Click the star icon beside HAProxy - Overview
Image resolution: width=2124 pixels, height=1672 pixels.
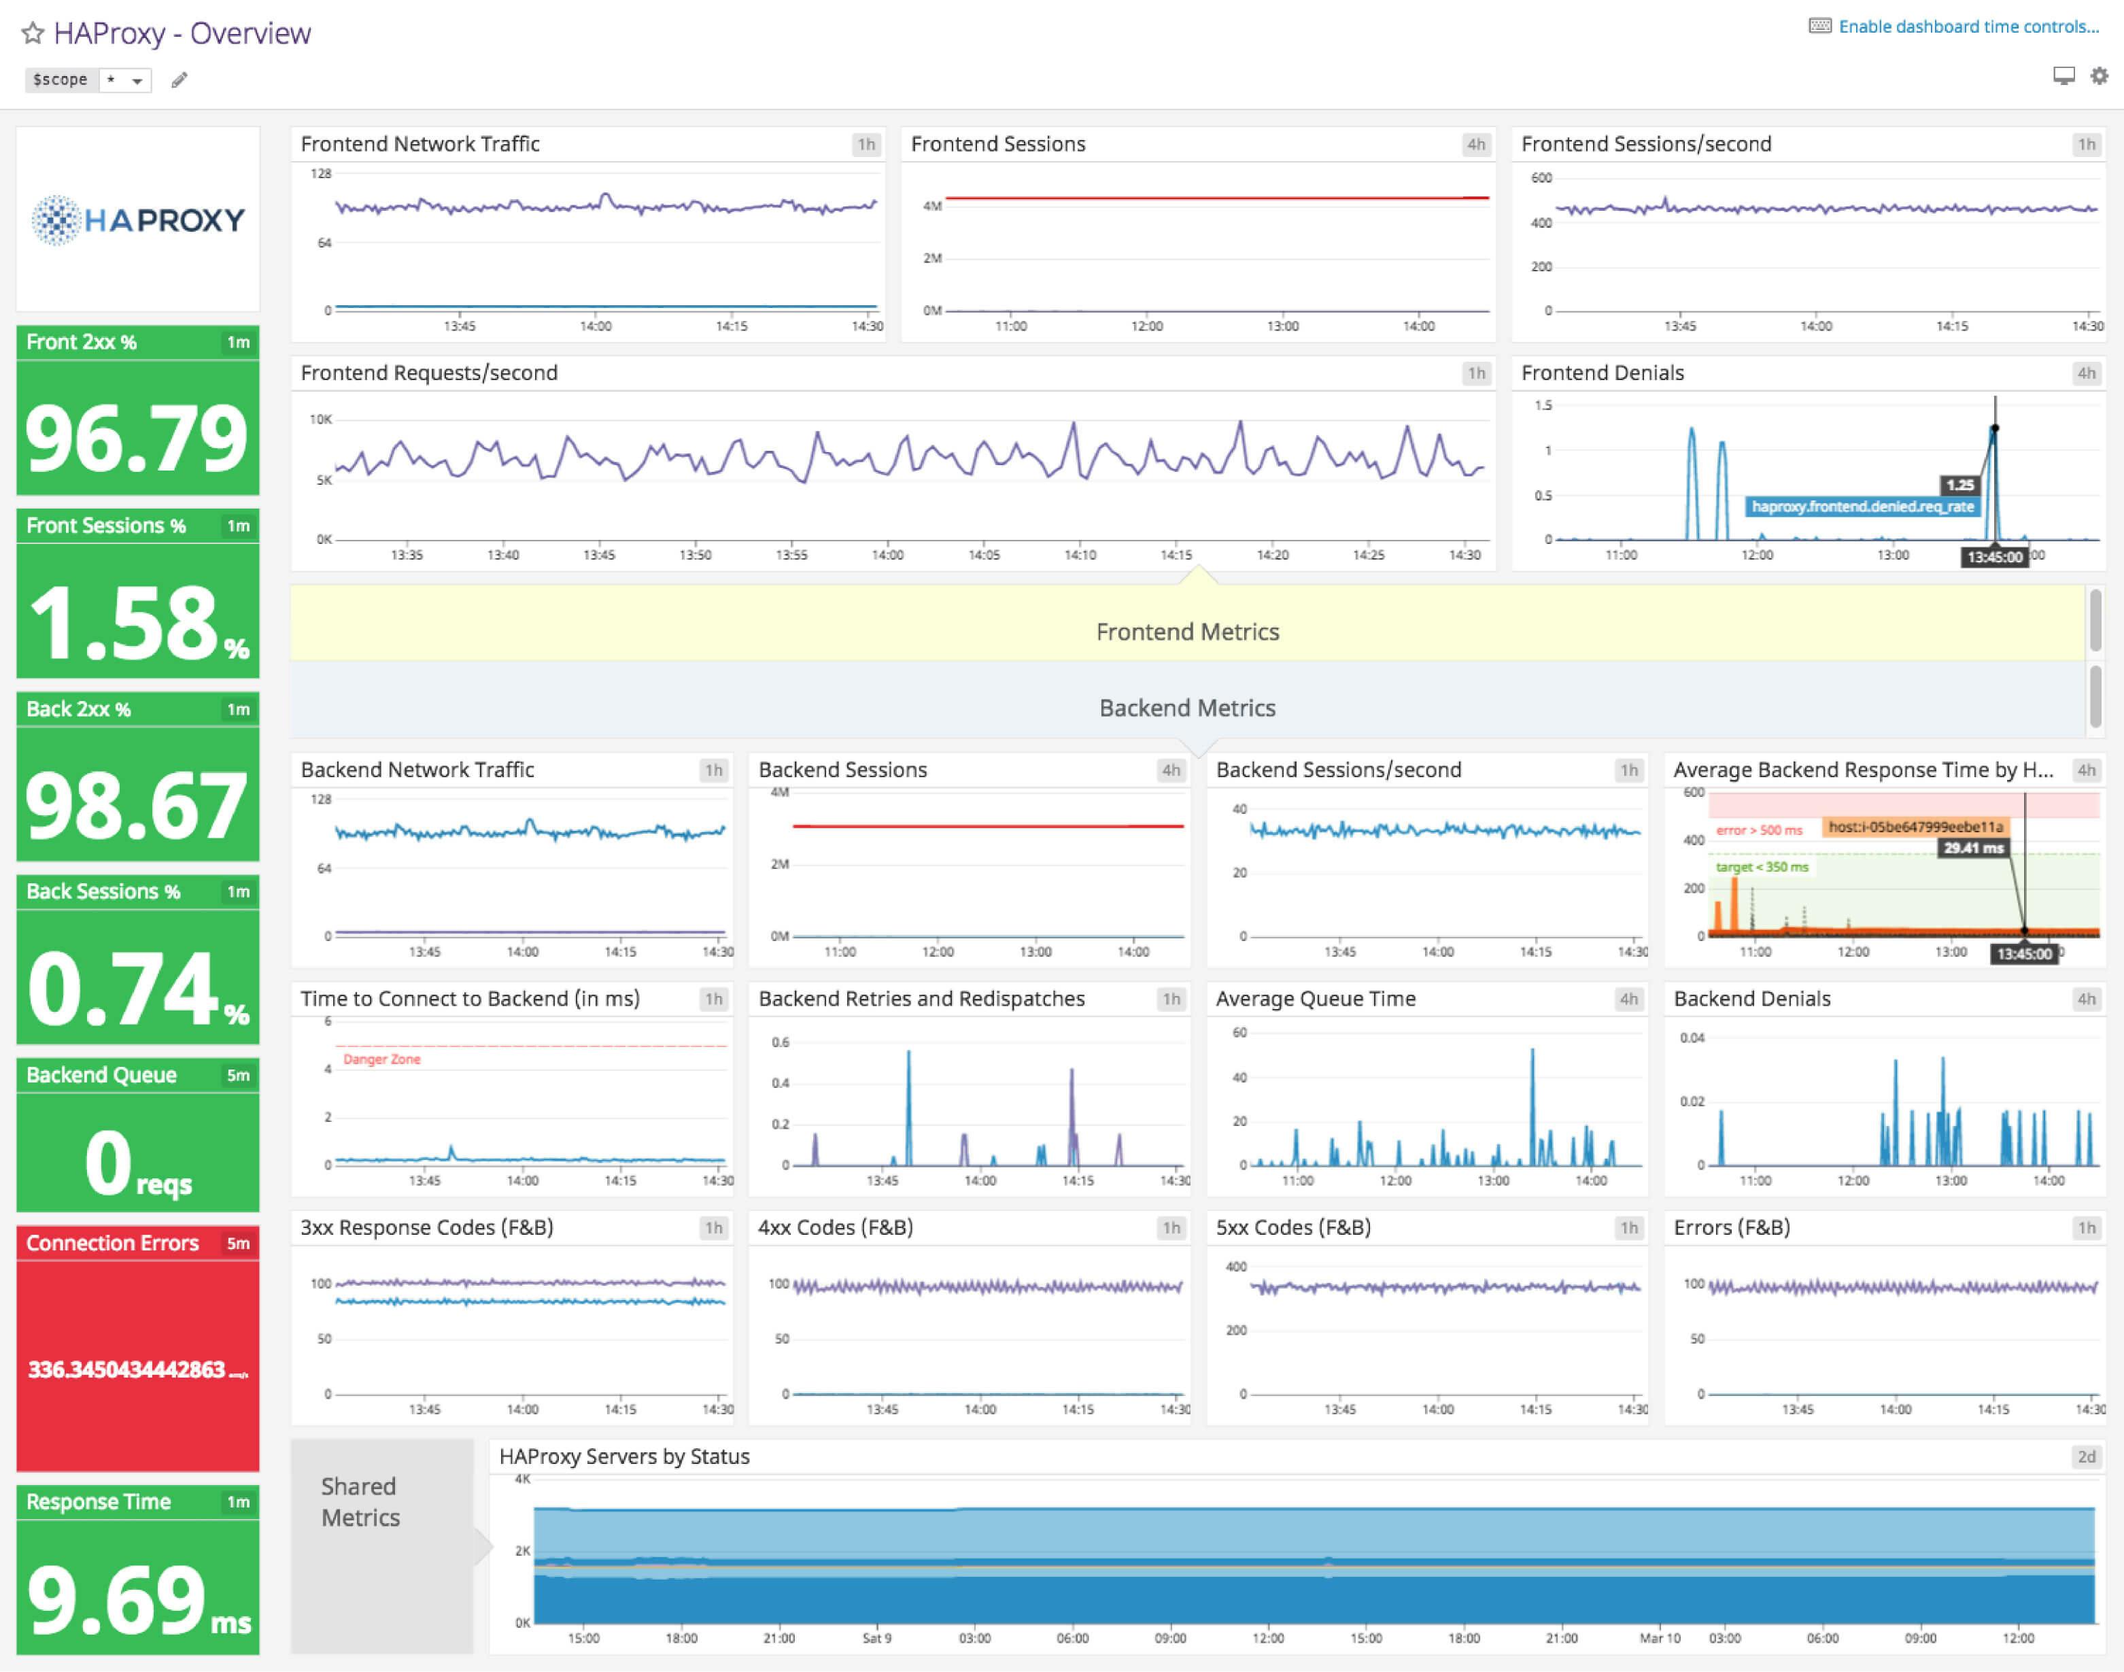33,33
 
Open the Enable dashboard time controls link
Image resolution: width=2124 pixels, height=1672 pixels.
1968,27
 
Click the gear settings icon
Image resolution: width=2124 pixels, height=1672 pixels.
2100,75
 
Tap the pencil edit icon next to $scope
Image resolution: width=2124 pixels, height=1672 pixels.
179,80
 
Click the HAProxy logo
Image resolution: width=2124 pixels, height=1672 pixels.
137,219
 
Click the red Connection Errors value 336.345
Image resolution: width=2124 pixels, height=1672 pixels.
137,1369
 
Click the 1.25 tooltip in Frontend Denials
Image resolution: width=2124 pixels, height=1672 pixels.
1959,485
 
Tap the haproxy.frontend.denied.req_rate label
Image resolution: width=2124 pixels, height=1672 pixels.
1862,506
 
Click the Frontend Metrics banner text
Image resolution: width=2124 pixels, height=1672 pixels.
1186,632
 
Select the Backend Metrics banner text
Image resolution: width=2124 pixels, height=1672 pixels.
1186,708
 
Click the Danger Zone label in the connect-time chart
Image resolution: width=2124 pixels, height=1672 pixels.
381,1059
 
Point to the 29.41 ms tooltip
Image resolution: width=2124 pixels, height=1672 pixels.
1973,848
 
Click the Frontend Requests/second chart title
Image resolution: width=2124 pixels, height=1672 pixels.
429,373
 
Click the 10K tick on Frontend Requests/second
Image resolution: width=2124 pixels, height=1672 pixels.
320,419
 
